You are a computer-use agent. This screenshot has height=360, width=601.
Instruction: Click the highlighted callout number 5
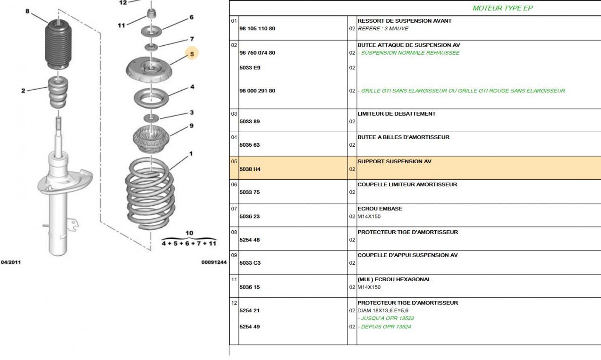point(192,54)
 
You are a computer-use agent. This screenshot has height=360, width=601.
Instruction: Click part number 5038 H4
point(250,169)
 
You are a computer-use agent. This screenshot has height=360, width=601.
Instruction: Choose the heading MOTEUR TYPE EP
point(502,8)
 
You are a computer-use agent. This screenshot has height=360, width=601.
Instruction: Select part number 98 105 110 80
point(257,29)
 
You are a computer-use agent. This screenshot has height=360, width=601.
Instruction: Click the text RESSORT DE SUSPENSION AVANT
point(404,21)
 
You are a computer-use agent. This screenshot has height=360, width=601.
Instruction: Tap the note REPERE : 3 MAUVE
point(382,29)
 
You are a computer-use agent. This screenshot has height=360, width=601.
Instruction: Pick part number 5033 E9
point(250,68)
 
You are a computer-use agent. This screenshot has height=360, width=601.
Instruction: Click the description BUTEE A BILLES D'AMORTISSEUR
point(403,137)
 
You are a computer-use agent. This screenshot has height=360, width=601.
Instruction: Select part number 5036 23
point(250,217)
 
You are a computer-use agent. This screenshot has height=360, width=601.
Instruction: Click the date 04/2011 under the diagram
point(10,262)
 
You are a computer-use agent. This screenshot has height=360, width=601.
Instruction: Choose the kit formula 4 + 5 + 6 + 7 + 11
point(189,243)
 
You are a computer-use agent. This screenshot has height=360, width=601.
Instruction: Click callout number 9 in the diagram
point(191,126)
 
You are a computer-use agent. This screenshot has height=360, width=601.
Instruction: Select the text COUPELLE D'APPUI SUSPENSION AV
point(407,255)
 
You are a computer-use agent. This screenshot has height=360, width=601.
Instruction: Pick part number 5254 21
point(250,310)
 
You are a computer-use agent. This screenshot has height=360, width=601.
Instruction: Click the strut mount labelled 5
point(150,70)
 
